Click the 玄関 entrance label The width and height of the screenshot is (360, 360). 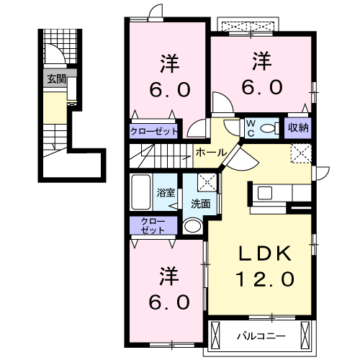click(x=56, y=79)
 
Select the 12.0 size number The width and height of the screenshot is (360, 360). click(x=264, y=278)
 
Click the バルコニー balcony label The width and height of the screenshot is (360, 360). click(x=261, y=336)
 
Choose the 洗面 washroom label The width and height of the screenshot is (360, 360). click(x=200, y=204)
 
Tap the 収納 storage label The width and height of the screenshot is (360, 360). click(x=298, y=128)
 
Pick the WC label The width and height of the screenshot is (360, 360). click(x=251, y=127)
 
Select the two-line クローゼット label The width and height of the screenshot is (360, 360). click(x=153, y=225)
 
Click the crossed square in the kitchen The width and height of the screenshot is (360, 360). click(x=300, y=152)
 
